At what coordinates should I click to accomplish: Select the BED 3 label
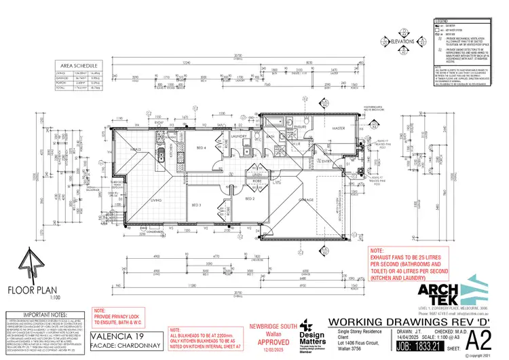pos(197,204)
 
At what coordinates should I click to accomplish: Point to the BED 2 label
pos(249,199)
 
